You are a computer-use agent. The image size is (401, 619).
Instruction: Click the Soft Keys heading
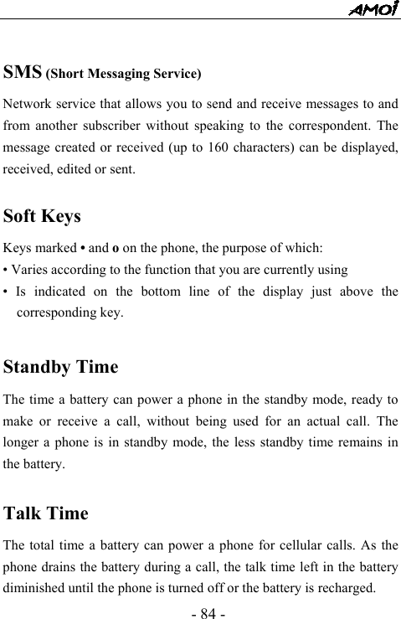point(42,216)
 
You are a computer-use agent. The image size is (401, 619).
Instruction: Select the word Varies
point(28,270)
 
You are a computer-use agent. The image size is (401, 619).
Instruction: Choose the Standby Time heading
point(60,367)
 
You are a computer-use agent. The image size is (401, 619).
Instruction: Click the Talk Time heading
point(45,513)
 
